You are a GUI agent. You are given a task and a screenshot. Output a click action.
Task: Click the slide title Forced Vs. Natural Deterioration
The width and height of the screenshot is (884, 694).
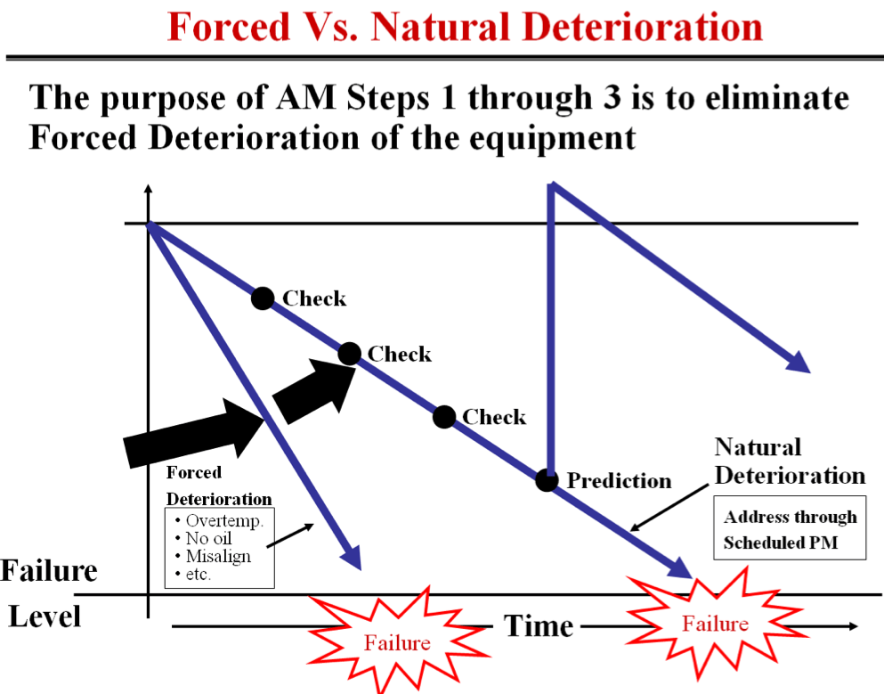[465, 27]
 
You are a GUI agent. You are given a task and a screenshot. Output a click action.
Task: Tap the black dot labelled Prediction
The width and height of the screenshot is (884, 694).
[547, 480]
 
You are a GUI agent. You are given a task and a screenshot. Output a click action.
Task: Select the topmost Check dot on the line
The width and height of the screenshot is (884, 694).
[262, 298]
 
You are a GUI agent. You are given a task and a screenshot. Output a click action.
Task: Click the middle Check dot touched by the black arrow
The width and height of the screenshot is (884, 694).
[350, 354]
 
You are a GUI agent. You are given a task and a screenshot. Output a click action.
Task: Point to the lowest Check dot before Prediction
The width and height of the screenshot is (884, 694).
[444, 416]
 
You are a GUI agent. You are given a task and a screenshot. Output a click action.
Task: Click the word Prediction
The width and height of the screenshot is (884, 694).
[620, 481]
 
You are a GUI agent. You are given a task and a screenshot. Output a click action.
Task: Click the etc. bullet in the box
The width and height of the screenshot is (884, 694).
[197, 575]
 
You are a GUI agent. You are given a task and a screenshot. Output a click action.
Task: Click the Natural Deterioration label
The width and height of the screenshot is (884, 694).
[789, 461]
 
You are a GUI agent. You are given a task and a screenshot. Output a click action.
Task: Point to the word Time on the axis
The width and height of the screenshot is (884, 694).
[539, 625]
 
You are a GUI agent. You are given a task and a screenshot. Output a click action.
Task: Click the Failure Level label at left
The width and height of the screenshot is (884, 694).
[48, 592]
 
